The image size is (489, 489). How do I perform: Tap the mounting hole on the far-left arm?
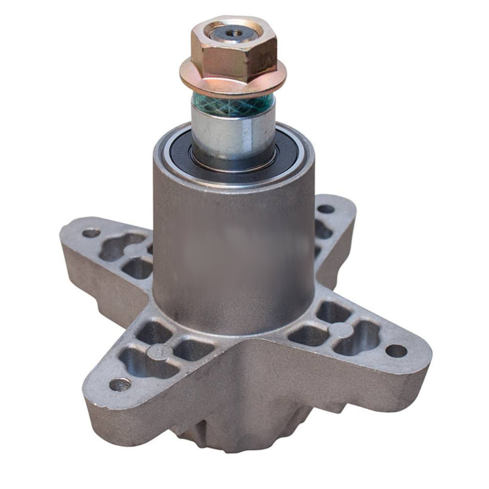(x=91, y=233)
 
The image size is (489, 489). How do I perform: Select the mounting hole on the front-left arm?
(x=119, y=384)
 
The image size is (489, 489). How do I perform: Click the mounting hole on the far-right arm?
(x=396, y=351)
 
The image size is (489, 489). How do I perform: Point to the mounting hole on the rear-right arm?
(x=326, y=209)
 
